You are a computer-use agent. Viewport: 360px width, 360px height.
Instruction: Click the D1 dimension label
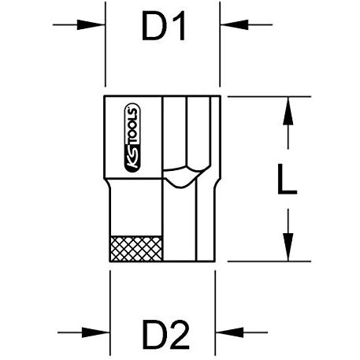(164, 25)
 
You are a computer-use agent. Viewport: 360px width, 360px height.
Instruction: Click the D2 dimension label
(166, 334)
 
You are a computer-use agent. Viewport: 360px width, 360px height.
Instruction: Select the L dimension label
(287, 179)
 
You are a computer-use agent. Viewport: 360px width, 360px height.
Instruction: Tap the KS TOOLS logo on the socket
(132, 138)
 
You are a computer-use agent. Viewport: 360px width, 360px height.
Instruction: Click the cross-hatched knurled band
(136, 249)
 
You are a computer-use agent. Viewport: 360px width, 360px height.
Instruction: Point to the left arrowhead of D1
(91, 25)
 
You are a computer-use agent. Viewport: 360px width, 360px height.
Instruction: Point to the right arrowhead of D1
(234, 24)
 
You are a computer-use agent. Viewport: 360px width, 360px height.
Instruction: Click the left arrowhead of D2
(96, 332)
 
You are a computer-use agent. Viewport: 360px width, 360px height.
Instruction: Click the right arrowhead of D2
(229, 332)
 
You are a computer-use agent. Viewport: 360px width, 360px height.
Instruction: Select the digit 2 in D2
(180, 334)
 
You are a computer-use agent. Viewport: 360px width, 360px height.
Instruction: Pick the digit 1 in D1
(180, 25)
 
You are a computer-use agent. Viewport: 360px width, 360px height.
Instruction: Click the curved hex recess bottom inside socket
(186, 177)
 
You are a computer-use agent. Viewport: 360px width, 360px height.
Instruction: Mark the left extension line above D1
(106, 44)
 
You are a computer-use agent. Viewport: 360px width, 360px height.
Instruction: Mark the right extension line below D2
(215, 313)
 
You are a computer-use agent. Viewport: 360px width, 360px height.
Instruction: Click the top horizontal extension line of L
(269, 97)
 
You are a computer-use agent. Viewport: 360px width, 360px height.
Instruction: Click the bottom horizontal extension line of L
(269, 262)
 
